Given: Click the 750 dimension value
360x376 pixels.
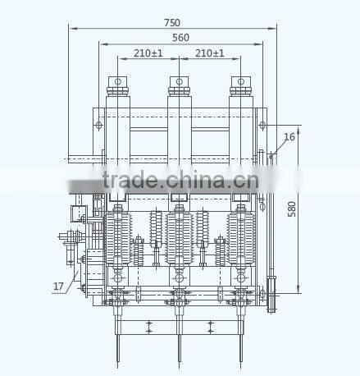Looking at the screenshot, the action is click(x=172, y=23).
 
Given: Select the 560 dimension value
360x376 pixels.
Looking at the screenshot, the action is click(x=180, y=38).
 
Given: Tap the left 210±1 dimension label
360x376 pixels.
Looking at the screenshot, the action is click(x=148, y=53).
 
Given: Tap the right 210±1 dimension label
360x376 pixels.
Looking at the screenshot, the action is click(x=210, y=53).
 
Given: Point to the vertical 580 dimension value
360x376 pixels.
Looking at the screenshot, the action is click(x=292, y=209).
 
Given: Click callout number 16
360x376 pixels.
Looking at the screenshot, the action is click(x=289, y=137).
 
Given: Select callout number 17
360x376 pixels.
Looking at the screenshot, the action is click(x=58, y=287).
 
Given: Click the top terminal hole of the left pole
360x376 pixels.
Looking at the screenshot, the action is click(x=118, y=81).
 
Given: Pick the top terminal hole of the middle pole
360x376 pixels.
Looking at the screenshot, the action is click(x=180, y=81).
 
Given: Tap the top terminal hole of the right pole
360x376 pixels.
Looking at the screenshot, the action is click(x=241, y=81).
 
